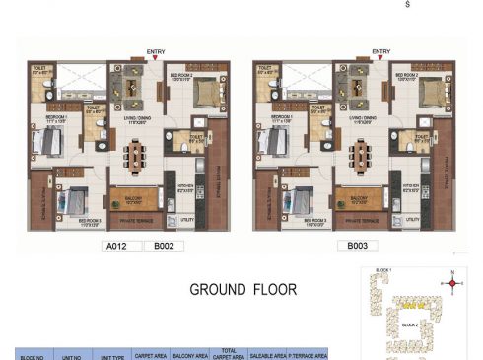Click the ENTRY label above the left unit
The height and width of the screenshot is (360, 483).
click(156, 50)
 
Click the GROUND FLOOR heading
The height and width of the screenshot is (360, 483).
click(242, 290)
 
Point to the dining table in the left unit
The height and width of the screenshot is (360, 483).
click(137, 155)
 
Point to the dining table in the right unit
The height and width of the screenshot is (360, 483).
click(363, 155)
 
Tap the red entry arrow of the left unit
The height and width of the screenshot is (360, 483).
click(156, 58)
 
